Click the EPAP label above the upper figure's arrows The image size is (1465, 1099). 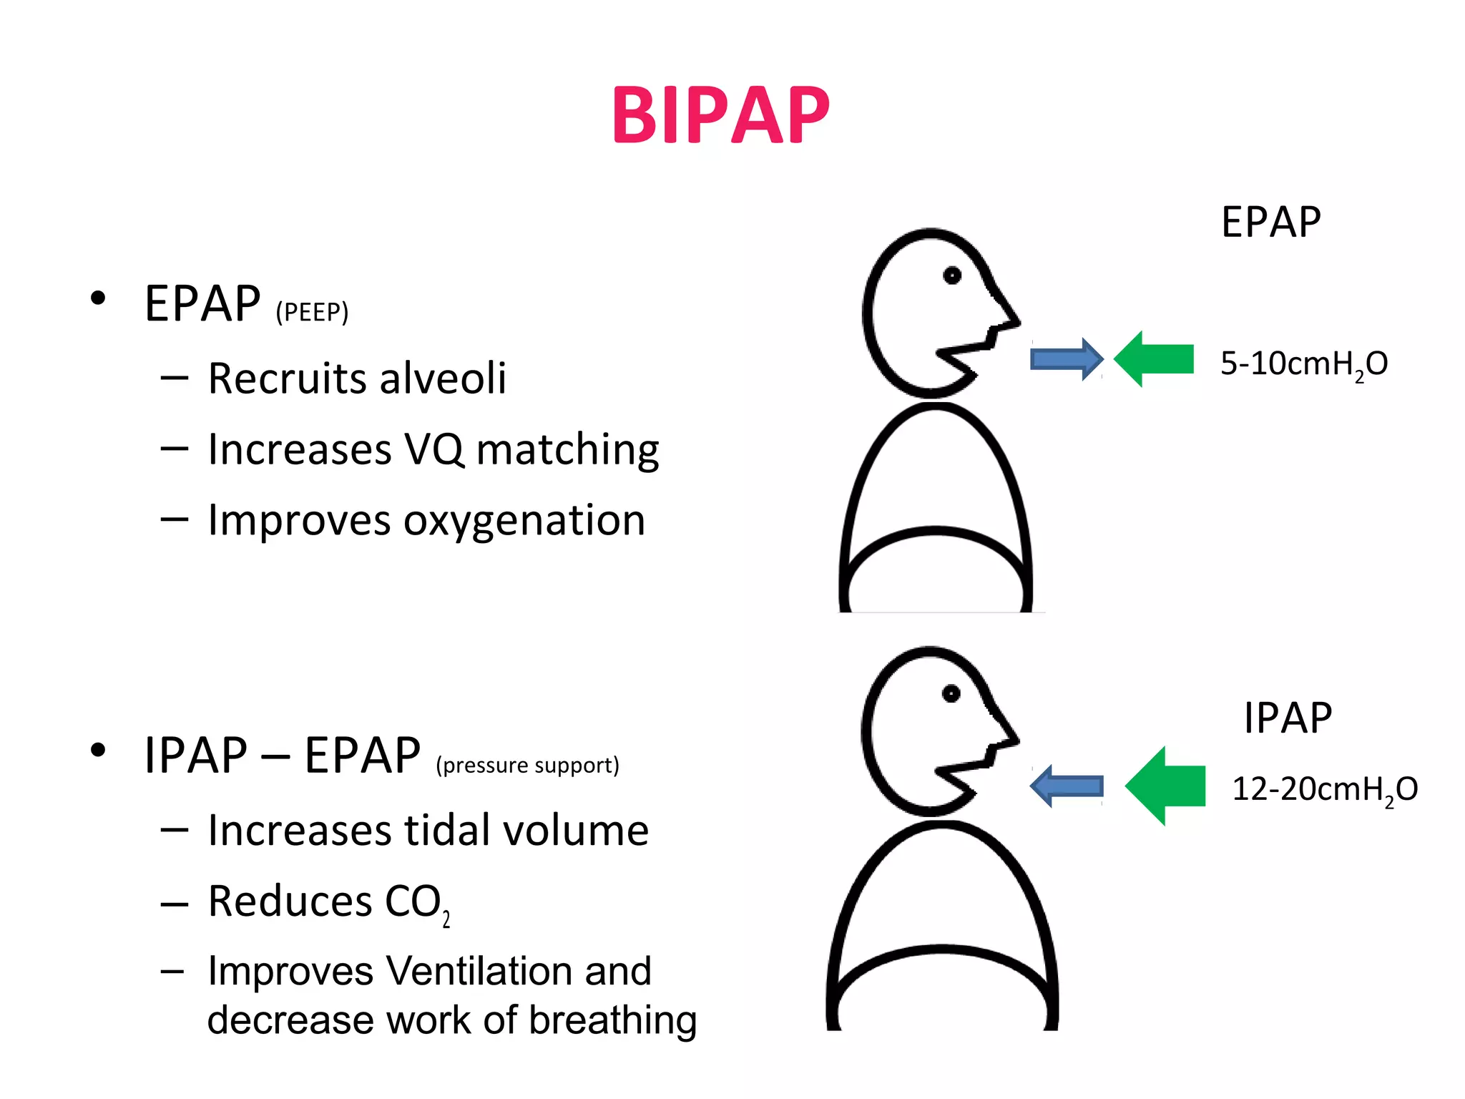(1270, 222)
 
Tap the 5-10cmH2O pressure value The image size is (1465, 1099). (1303, 364)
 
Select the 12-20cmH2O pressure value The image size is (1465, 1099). (1324, 789)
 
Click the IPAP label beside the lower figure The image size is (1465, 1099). (1288, 718)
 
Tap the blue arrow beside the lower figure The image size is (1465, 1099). (1067, 786)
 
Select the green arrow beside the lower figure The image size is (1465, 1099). (1165, 786)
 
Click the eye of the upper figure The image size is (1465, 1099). (952, 275)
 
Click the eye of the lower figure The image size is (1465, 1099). (951, 693)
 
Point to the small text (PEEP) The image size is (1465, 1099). (312, 313)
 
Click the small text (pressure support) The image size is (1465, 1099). (527, 766)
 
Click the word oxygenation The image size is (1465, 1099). (524, 520)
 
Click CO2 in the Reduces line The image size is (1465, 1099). (417, 902)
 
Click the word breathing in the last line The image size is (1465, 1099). (612, 1020)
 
